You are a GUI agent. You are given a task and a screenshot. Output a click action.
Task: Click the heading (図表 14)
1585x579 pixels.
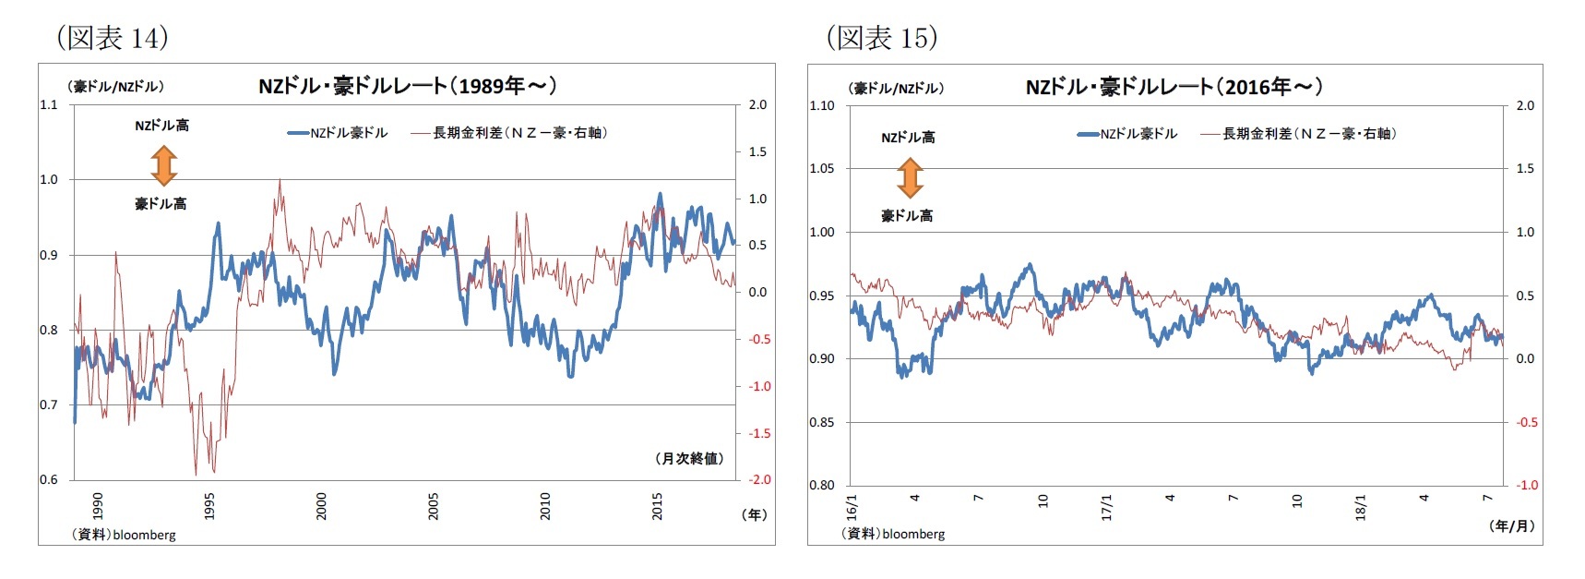[113, 37]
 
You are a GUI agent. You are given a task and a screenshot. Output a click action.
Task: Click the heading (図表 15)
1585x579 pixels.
[882, 37]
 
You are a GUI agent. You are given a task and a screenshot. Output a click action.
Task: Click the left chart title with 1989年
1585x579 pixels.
[407, 86]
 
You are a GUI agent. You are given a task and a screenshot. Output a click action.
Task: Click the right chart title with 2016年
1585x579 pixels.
[1174, 87]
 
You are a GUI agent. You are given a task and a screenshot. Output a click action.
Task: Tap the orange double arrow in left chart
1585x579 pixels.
[164, 165]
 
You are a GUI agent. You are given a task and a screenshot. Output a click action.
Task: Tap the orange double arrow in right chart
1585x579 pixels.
[910, 177]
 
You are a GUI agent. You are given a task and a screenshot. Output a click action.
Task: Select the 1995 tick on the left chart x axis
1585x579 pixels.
[209, 506]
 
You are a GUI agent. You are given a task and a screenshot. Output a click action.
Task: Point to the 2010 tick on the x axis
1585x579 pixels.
[545, 506]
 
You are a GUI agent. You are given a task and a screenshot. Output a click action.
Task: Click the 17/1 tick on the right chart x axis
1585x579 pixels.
[1107, 506]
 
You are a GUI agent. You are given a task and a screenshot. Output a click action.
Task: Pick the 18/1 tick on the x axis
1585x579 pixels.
[1361, 506]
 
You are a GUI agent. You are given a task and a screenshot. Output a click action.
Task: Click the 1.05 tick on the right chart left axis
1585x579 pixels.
[821, 168]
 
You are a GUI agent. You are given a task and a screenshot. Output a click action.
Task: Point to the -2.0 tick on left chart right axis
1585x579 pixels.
[758, 479]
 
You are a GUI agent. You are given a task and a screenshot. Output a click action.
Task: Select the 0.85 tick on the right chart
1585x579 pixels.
[821, 422]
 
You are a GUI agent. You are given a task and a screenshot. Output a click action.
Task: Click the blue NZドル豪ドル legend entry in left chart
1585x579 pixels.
[338, 133]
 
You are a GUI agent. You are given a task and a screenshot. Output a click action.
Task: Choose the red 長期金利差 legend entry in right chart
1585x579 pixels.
[1298, 134]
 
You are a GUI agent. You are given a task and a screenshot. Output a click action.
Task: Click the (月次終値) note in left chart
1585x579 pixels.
[688, 458]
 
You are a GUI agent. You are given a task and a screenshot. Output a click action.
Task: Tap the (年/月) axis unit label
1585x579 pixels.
[1511, 525]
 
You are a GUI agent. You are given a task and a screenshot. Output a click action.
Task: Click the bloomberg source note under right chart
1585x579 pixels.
[893, 534]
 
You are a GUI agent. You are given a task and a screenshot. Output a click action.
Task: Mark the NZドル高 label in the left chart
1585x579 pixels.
[161, 126]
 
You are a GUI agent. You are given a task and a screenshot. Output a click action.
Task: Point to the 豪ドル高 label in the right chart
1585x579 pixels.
[907, 215]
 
